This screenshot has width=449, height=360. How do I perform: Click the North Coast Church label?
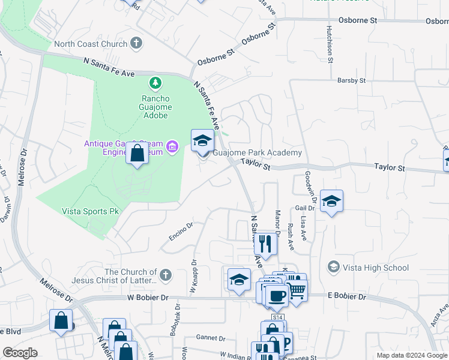pyautogui.click(x=90, y=44)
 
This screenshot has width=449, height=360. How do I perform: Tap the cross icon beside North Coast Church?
pyautogui.click(x=137, y=43)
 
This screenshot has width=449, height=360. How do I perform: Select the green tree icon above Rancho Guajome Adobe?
pyautogui.click(x=156, y=82)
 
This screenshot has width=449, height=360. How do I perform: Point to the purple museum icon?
pyautogui.click(x=173, y=146)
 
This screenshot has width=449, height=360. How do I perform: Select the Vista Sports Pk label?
pyautogui.click(x=91, y=211)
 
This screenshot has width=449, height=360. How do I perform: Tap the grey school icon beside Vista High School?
pyautogui.click(x=333, y=266)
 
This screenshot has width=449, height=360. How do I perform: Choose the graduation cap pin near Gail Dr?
pyautogui.click(x=331, y=202)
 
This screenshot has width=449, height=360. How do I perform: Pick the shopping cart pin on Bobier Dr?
pyautogui.click(x=296, y=290)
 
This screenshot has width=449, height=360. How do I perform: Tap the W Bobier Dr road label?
pyautogui.click(x=149, y=297)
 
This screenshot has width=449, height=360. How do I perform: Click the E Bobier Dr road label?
pyautogui.click(x=346, y=296)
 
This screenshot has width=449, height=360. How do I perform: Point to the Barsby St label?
pyautogui.click(x=351, y=80)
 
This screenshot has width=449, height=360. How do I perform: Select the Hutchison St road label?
pyautogui.click(x=330, y=44)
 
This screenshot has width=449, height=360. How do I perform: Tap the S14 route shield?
pyautogui.click(x=277, y=316)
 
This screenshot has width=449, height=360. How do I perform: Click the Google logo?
pyautogui.click(x=20, y=353)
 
